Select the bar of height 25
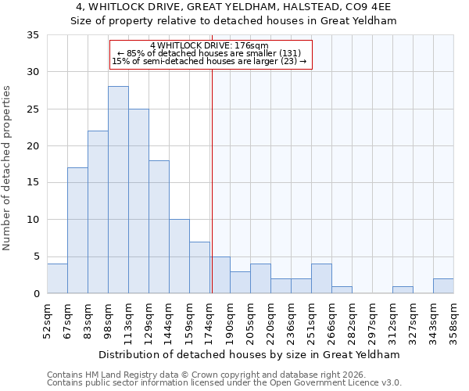point(138,201)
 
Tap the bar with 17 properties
point(77,231)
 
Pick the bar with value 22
point(98,212)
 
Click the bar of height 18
point(159,227)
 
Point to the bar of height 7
point(199,267)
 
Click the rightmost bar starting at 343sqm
point(443,286)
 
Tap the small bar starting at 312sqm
point(403,290)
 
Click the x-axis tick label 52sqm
point(48,319)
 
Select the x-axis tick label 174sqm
point(210,319)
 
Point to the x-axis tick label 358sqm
point(454,319)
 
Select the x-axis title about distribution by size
point(250,354)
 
